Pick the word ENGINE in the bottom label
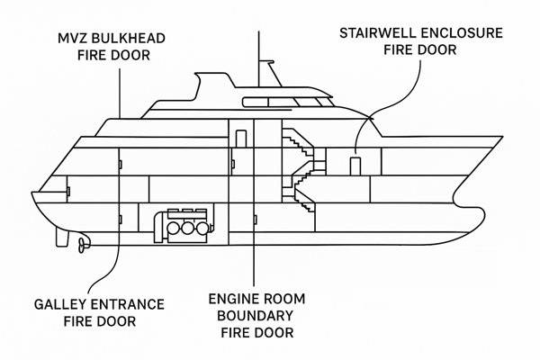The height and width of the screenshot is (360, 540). [236, 299]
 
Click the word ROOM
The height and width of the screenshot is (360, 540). [290, 299]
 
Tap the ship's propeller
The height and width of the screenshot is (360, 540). [82, 243]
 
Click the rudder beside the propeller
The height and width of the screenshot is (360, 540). [61, 238]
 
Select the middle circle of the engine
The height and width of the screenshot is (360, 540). [187, 229]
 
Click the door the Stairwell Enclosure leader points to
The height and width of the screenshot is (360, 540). [355, 164]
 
